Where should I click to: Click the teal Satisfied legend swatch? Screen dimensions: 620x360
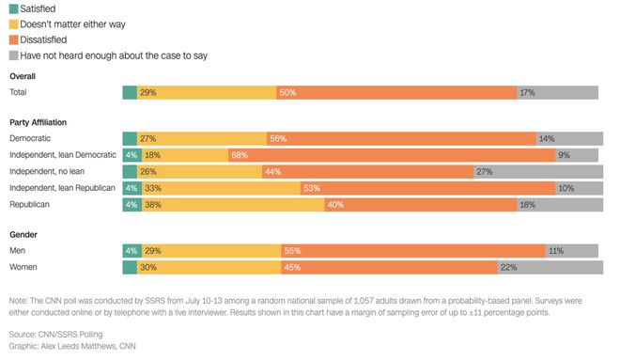tap(14, 8)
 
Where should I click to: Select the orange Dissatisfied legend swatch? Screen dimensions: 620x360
tap(14, 40)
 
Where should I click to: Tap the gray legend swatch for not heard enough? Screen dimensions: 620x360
tap(14, 55)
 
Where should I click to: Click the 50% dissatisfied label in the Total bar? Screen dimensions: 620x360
tap(287, 92)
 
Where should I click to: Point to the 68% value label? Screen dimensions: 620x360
tap(240, 155)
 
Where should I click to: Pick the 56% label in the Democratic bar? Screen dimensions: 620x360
tap(278, 138)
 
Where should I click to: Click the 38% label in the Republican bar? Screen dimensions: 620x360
tap(152, 205)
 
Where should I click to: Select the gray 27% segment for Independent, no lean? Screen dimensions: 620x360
tap(538, 172)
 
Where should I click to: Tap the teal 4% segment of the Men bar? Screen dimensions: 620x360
tap(132, 251)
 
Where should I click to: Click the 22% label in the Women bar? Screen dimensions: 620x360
tap(508, 268)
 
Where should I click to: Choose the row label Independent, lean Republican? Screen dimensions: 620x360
tap(63, 188)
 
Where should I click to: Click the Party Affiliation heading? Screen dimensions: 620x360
tap(38, 122)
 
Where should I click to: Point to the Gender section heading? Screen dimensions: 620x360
tap(23, 235)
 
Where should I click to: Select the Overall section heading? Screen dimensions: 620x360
tap(23, 76)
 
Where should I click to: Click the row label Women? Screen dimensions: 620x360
tap(23, 267)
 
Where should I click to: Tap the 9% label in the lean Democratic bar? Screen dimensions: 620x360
tap(564, 155)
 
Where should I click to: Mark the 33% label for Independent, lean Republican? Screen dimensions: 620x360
tap(152, 188)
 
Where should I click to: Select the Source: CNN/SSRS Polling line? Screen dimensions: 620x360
tap(55, 335)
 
